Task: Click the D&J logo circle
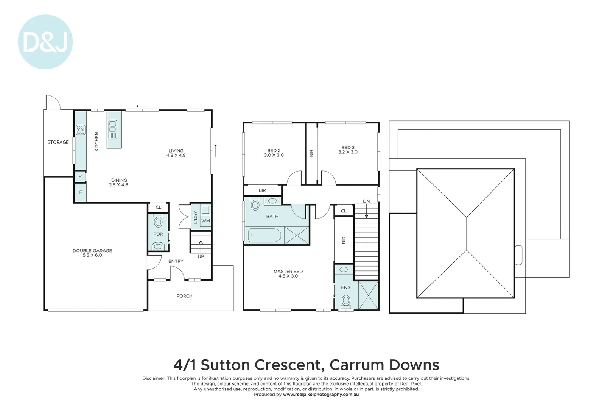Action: [45, 42]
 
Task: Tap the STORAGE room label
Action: [58, 142]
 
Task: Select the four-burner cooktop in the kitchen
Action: [81, 130]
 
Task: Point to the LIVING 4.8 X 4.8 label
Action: [176, 153]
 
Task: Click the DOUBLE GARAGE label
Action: [92, 253]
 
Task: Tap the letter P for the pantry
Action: [80, 176]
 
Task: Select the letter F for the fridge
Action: [81, 192]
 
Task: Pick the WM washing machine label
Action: [205, 221]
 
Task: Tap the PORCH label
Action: [184, 296]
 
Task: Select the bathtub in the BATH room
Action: [264, 236]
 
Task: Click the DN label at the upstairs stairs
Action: [366, 201]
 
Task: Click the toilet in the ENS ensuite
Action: [346, 301]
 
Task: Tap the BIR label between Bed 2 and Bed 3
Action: [312, 153]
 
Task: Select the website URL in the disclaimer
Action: [321, 395]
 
